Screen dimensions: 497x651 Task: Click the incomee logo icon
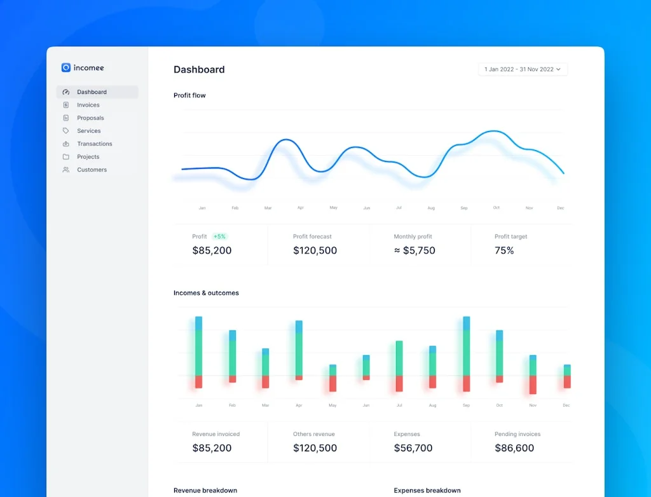point(66,67)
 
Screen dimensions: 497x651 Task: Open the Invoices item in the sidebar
point(88,105)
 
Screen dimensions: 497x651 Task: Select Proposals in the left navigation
point(90,118)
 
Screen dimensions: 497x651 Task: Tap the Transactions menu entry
point(94,144)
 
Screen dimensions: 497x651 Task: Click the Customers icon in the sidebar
point(66,170)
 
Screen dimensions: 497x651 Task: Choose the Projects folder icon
point(66,157)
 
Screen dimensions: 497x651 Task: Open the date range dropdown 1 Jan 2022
point(523,69)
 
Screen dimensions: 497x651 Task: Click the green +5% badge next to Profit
point(219,236)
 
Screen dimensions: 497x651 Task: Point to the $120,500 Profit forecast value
point(315,250)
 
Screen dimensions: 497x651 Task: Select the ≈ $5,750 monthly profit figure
point(415,250)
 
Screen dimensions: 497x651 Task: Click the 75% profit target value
point(504,250)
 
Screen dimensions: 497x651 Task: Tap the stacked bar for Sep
point(467,353)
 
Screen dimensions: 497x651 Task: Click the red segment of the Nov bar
point(533,385)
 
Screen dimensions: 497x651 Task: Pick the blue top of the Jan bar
point(198,323)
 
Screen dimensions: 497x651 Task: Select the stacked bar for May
point(332,378)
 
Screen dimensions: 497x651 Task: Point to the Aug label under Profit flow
point(431,208)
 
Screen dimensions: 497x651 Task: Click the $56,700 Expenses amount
point(413,448)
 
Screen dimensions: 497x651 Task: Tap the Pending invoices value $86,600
point(514,448)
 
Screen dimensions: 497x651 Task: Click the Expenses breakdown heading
point(427,491)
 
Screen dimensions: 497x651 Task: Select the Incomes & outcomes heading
point(206,293)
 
